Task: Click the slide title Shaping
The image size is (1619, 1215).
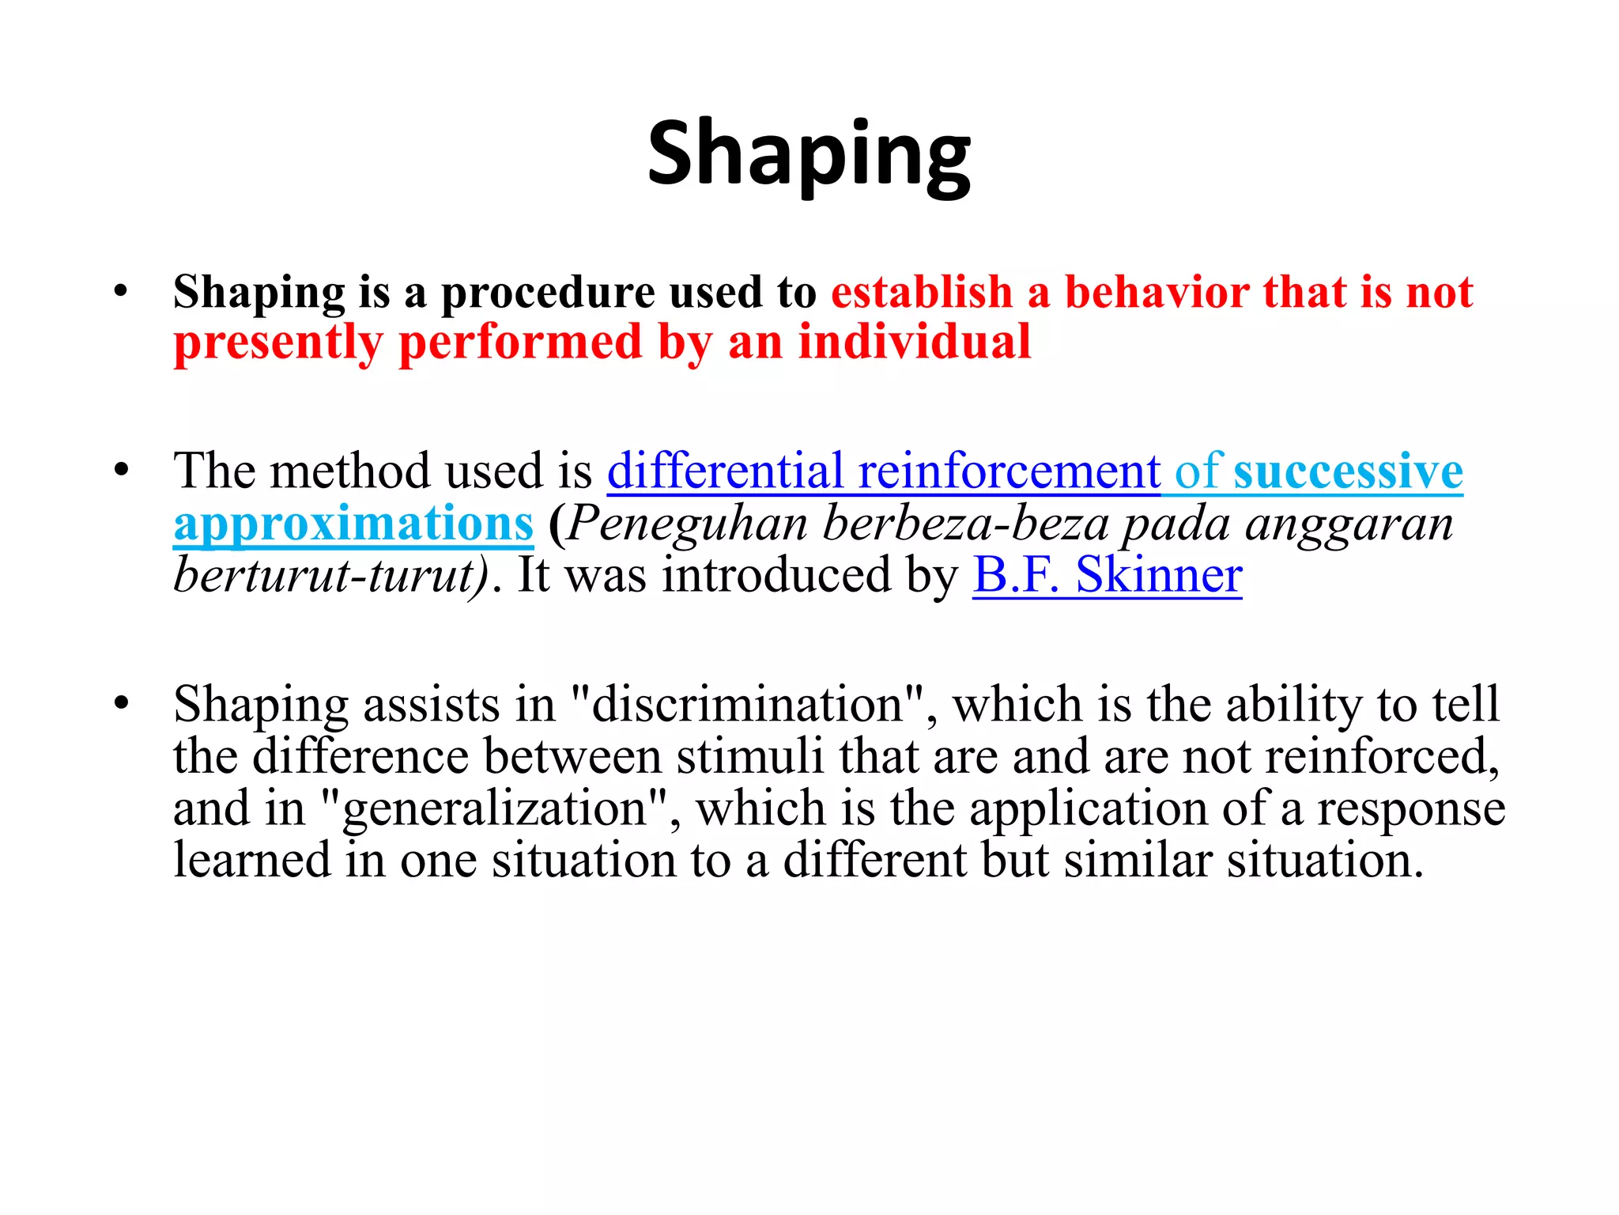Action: point(809,154)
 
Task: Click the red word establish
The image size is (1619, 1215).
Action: point(921,293)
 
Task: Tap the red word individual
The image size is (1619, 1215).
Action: point(915,343)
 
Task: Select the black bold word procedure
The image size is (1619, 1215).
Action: point(547,293)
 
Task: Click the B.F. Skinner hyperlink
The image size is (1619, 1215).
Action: point(1107,575)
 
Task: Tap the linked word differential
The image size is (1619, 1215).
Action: point(725,471)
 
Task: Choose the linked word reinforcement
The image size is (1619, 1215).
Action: point(1009,471)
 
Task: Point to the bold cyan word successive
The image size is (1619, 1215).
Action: point(1348,471)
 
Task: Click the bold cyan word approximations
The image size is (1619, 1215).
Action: point(353,524)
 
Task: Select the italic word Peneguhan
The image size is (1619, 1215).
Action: point(688,524)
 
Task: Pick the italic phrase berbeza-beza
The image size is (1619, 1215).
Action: point(965,524)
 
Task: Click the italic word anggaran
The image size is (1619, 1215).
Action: point(1349,524)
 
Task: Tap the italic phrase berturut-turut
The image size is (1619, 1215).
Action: point(330,575)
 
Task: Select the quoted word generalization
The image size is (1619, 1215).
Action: point(495,809)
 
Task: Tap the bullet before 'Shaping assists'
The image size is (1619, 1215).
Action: point(120,702)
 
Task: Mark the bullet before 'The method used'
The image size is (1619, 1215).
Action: point(120,470)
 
